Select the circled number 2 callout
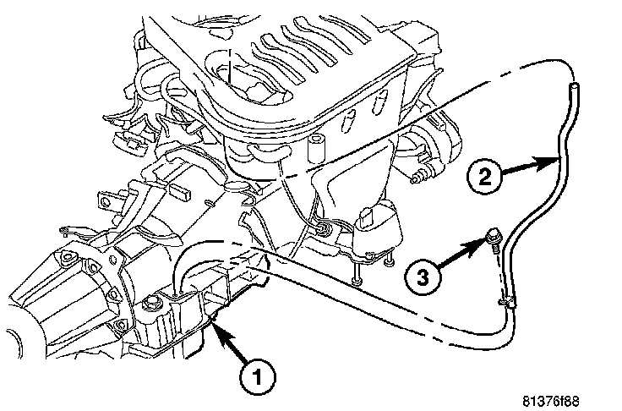pyautogui.click(x=484, y=177)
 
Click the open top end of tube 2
pyautogui.click(x=574, y=85)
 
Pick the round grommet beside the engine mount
pyautogui.click(x=324, y=226)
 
